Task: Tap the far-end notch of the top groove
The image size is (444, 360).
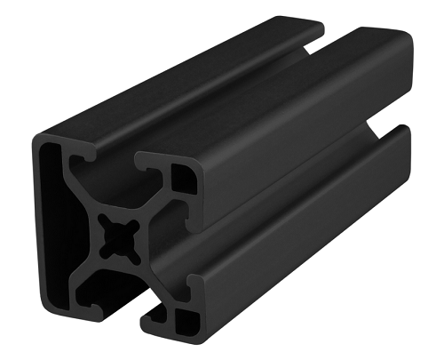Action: [x=315, y=36]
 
